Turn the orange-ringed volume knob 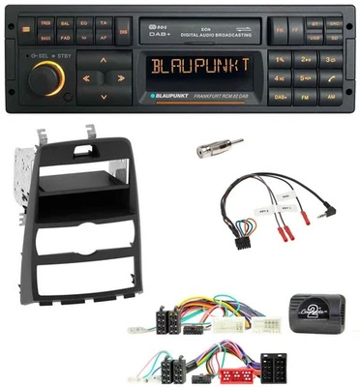(48, 79)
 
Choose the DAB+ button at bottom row (281, 98)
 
